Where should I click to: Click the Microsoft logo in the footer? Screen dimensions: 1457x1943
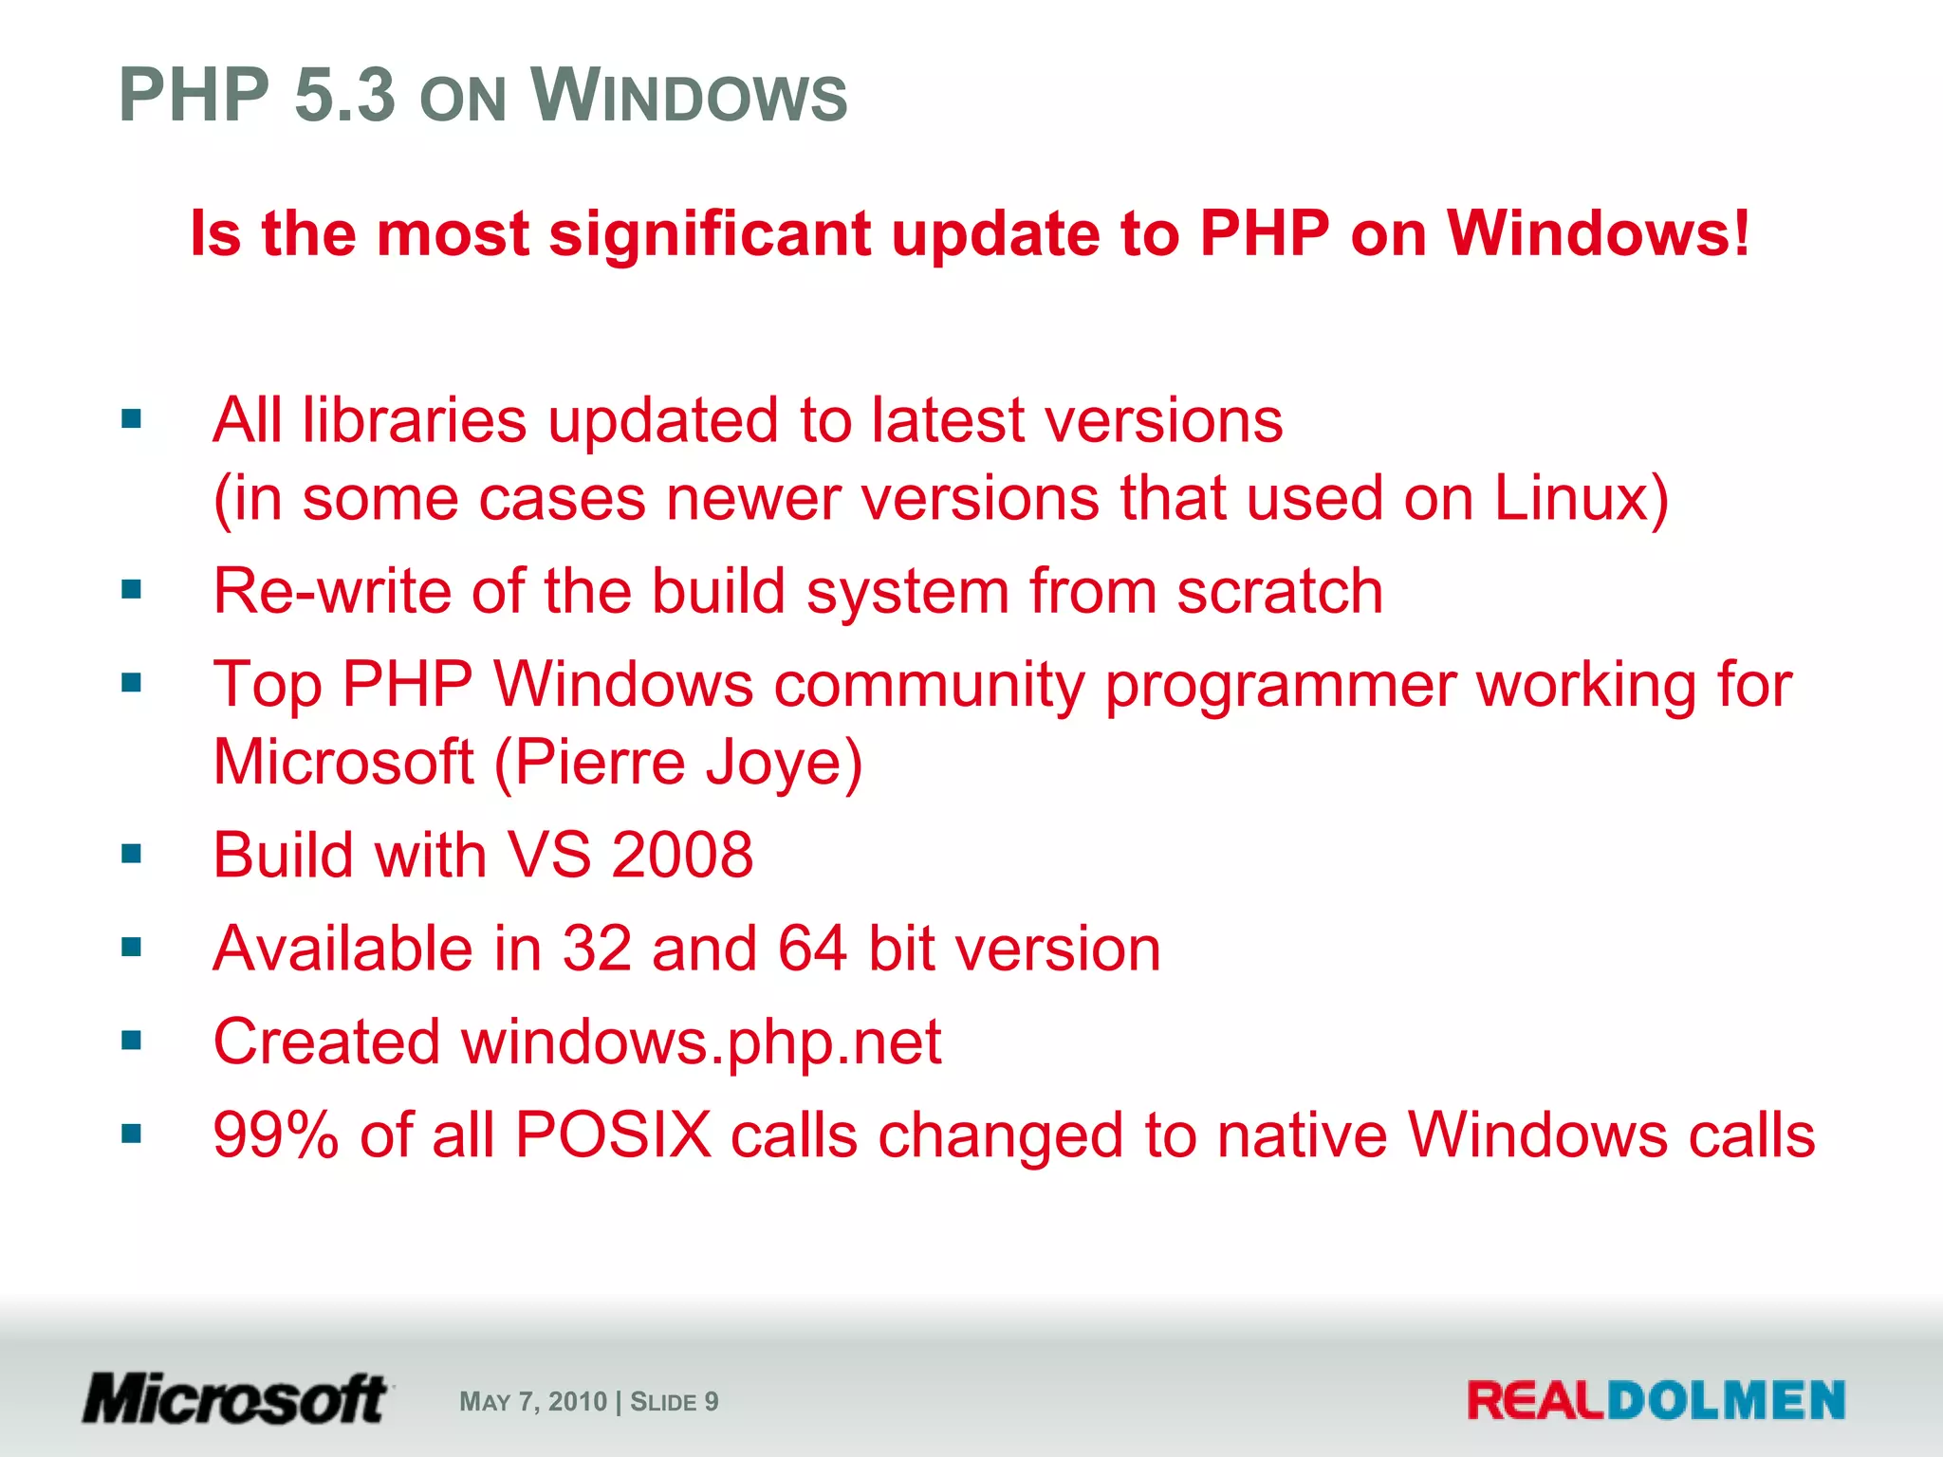[235, 1399]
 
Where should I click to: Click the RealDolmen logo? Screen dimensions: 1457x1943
[1656, 1400]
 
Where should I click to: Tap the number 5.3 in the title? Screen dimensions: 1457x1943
[344, 95]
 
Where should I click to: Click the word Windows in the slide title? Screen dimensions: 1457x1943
[688, 95]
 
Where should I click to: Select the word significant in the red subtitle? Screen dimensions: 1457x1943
[710, 234]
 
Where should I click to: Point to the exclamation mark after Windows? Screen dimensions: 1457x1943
[1740, 232]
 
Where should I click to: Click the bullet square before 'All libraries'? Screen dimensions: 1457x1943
[131, 418]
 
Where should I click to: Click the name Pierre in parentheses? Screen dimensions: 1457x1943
[601, 762]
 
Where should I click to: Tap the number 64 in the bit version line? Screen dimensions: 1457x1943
[812, 948]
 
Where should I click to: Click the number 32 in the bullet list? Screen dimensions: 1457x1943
[597, 948]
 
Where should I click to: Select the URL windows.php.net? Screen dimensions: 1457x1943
[701, 1042]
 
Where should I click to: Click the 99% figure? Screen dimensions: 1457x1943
[275, 1134]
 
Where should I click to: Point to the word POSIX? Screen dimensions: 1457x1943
[613, 1134]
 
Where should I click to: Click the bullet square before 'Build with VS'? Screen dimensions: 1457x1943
[131, 855]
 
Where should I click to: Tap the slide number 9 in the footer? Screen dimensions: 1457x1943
[712, 1401]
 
